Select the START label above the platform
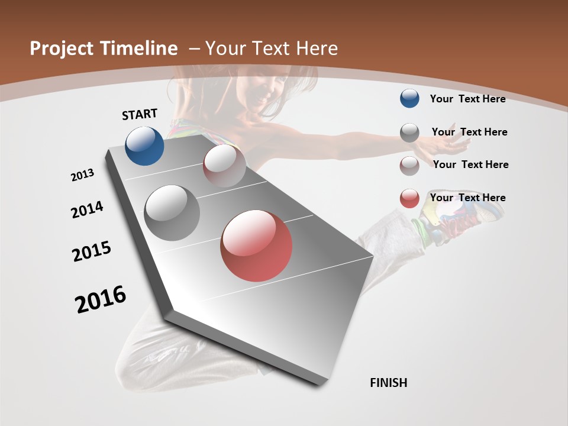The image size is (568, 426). pos(140,114)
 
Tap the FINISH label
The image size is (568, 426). pos(389,383)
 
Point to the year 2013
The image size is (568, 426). pos(83,175)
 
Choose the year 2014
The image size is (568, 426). pos(87,210)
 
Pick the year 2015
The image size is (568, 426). pos(92,251)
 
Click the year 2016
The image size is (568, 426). pos(101,299)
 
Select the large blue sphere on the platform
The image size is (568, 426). pos(144,146)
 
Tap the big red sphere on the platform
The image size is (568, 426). pos(256,246)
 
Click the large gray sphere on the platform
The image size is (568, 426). pos(172,213)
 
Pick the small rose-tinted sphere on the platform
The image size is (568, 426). pos(224,166)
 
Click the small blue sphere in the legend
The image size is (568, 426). pos(409,99)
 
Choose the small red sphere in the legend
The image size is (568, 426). pos(409,198)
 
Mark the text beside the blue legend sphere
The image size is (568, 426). pos(467,99)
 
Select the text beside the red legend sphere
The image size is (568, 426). pos(467,198)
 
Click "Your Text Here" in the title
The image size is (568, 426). pos(272,49)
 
